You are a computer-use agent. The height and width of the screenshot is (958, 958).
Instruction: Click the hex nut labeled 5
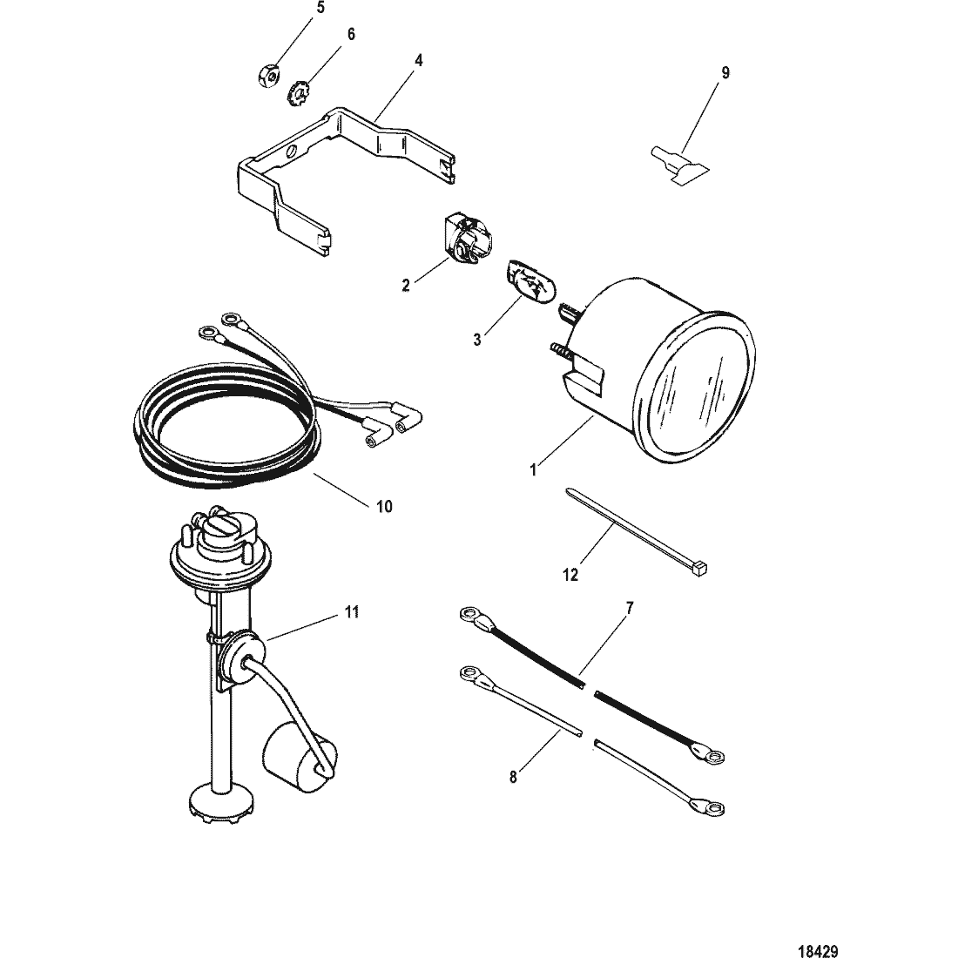click(269, 77)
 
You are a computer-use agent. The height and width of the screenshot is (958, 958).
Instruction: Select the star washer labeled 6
click(297, 91)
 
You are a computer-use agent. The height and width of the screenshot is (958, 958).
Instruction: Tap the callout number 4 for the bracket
click(419, 61)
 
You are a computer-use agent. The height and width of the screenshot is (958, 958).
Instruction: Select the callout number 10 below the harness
click(384, 506)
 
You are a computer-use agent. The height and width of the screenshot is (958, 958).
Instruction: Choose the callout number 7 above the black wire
click(630, 606)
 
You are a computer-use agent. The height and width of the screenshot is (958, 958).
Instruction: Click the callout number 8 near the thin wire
click(514, 777)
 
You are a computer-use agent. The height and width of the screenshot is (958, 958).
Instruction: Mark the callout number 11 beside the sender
click(351, 613)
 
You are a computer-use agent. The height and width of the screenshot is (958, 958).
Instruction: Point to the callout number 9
click(725, 72)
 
